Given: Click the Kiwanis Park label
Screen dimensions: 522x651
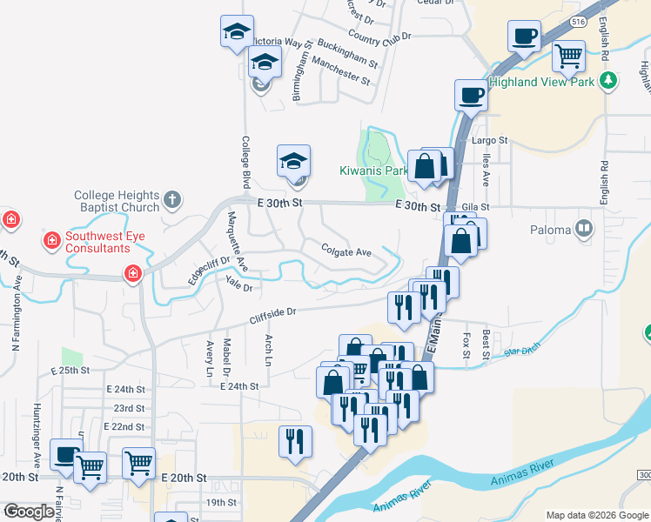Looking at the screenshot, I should [373, 171].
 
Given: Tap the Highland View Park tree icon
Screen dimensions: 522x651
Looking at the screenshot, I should [609, 82].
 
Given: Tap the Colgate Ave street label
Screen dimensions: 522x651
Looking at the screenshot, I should [346, 252].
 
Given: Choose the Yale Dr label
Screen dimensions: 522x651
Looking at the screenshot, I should [238, 285].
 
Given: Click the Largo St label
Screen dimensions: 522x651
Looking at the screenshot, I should [489, 140].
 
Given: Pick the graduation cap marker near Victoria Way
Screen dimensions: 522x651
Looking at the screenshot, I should [237, 32].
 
